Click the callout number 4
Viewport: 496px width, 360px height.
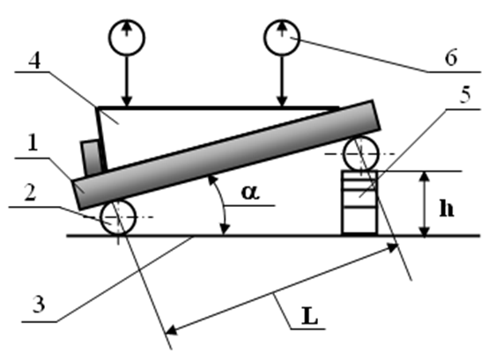click(x=34, y=61)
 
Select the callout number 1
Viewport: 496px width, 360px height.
click(x=33, y=143)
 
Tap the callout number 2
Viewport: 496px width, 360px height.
click(x=30, y=193)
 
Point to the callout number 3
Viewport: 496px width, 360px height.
click(x=39, y=305)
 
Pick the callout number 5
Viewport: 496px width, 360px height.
click(x=465, y=94)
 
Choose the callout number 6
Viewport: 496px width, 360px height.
click(x=451, y=57)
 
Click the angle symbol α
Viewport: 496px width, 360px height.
click(x=250, y=192)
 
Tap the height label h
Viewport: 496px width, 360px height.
click(x=447, y=209)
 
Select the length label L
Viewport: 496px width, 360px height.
click(x=310, y=316)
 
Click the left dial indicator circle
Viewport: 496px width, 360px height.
click(x=127, y=38)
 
